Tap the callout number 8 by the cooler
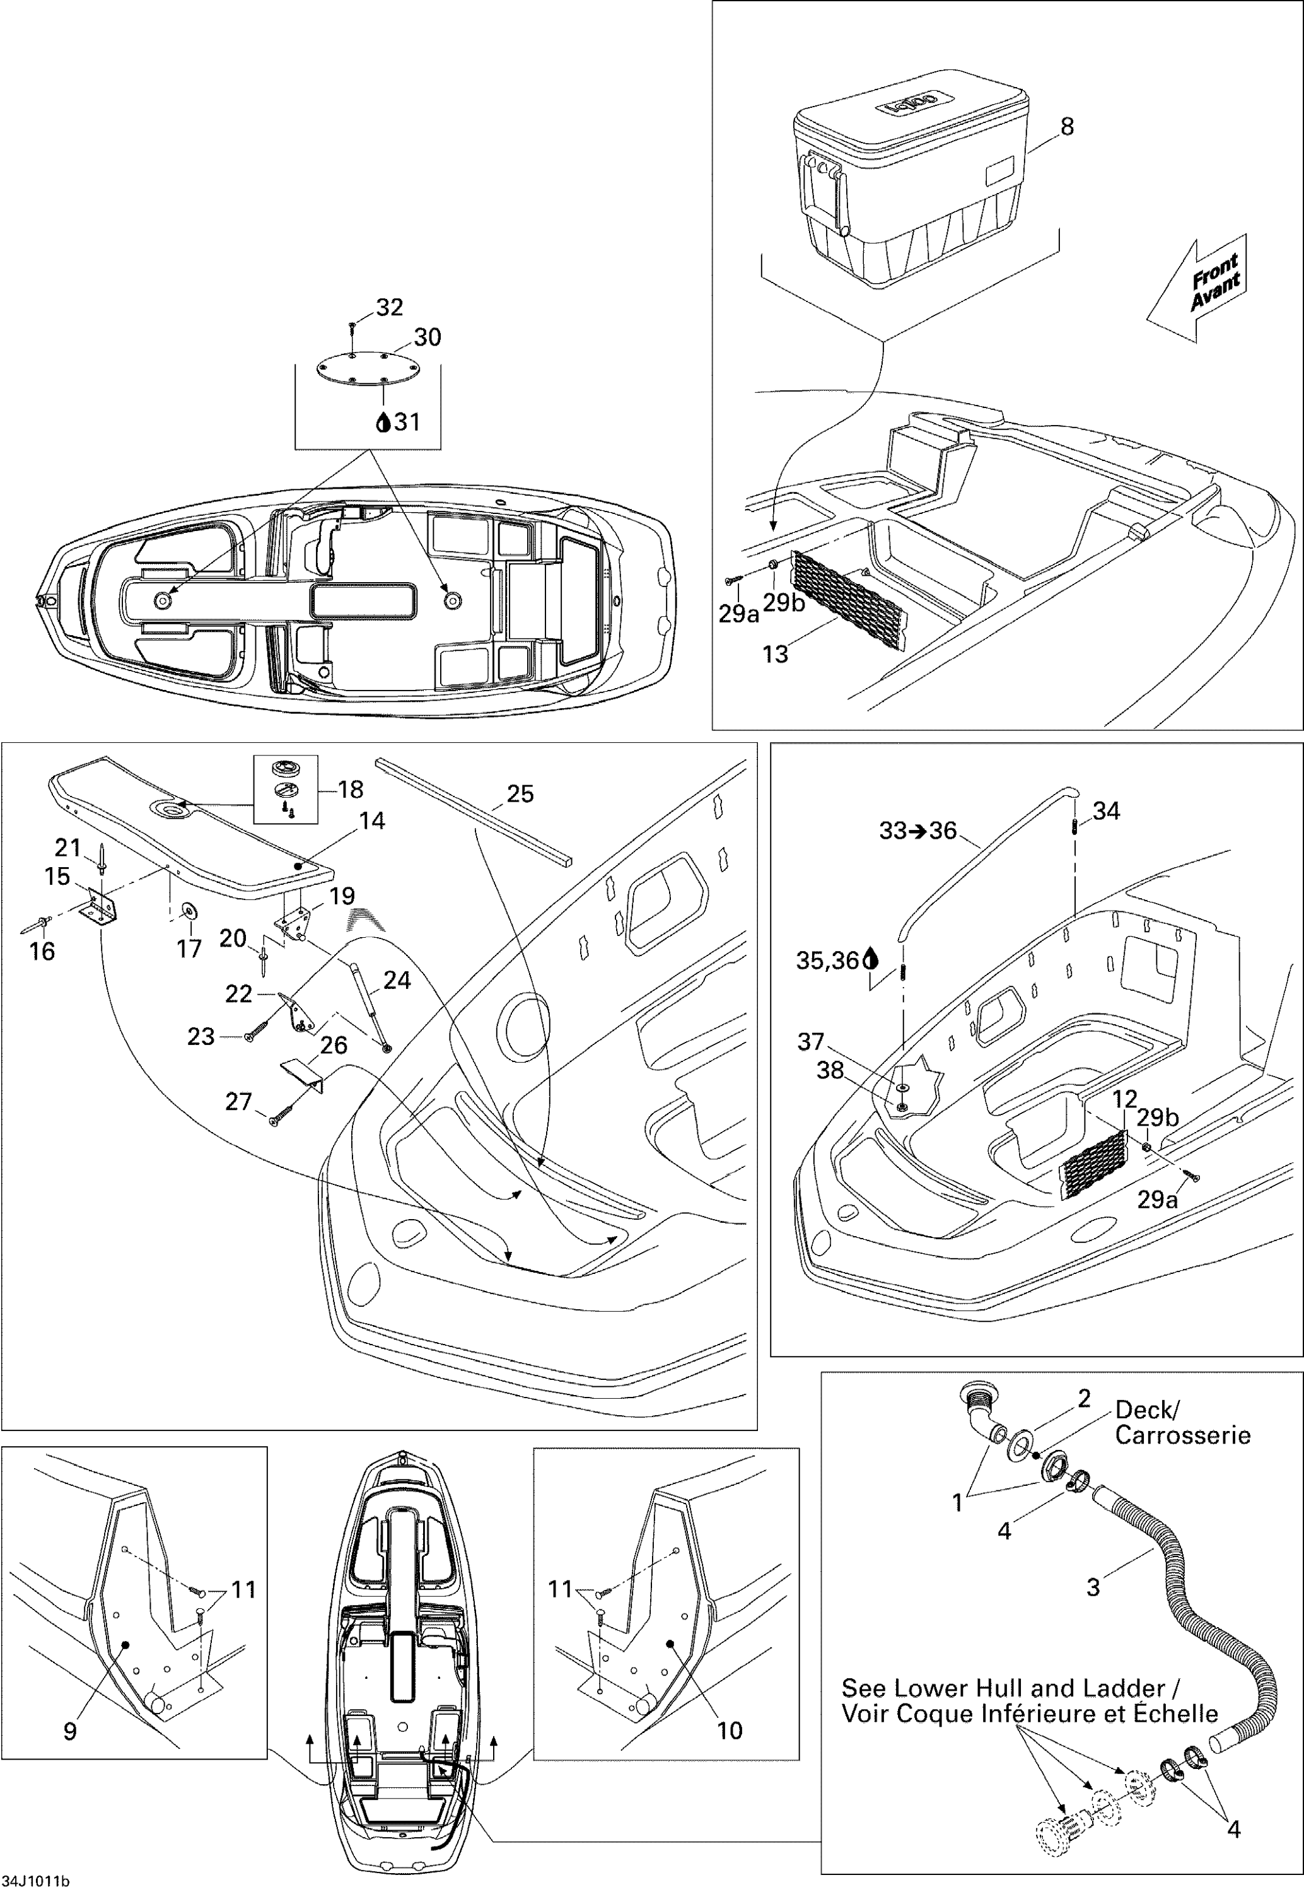[1067, 127]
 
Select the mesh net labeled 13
[849, 601]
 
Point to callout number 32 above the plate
[389, 307]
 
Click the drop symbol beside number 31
[381, 423]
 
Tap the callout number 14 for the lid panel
[372, 821]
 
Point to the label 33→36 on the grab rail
[917, 831]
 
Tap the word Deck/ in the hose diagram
[1146, 1411]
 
